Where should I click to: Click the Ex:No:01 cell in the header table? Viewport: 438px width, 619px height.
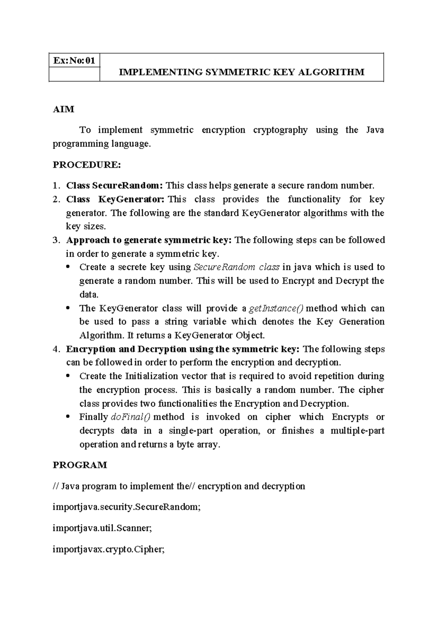pos(74,61)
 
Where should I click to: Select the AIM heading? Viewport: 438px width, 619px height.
pos(64,109)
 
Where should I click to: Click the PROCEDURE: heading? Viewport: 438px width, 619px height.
pos(87,165)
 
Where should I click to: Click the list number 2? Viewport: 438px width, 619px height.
pos(55,199)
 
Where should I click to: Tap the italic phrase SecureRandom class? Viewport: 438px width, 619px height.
pos(237,267)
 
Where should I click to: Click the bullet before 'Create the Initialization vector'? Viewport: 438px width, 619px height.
pos(68,376)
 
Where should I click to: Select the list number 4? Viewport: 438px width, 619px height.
pos(55,349)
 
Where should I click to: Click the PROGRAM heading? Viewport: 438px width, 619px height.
pos(80,465)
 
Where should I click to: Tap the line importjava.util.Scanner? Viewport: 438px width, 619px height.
pos(102,528)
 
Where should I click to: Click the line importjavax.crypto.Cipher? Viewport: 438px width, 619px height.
pos(109,549)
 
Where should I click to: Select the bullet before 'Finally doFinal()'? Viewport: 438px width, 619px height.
pos(68,417)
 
